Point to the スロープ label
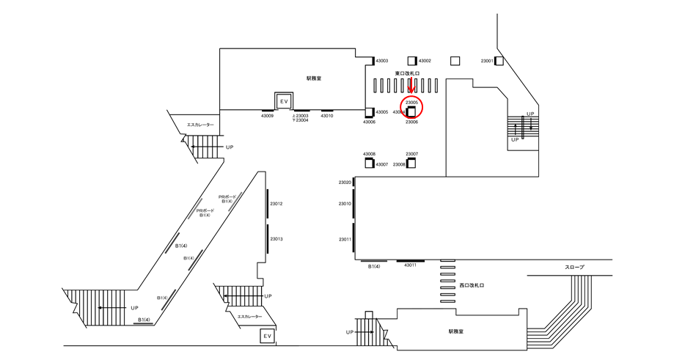575,268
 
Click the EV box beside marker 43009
284,100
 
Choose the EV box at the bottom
268,337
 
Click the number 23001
487,61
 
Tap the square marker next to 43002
412,61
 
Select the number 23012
276,203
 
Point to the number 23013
276,239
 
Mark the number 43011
410,265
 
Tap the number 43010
327,116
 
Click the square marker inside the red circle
411,111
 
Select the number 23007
411,154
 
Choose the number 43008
369,154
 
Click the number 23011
345,240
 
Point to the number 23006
411,122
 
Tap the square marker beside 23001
499,61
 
